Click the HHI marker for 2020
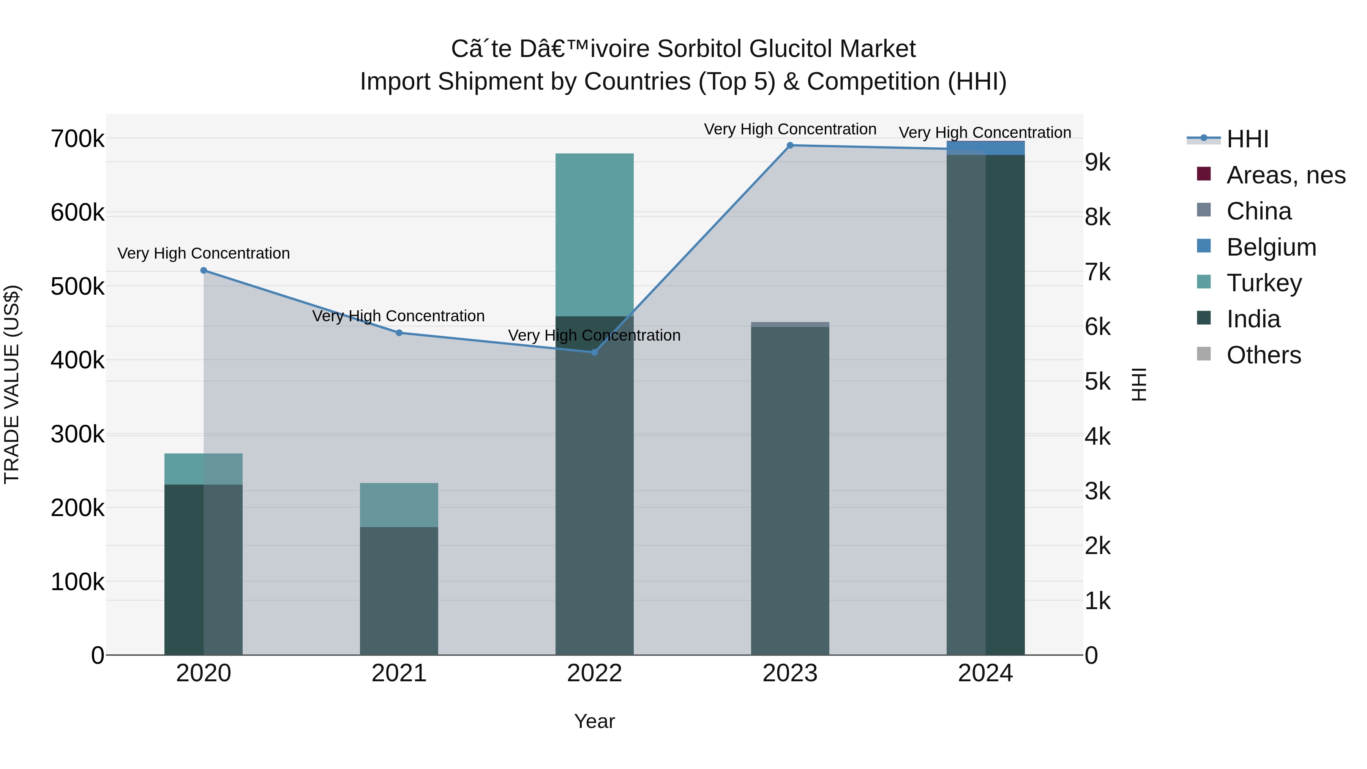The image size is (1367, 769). point(204,271)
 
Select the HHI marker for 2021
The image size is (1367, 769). point(399,333)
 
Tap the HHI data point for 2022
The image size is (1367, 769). point(594,352)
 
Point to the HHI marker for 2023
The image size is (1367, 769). point(790,145)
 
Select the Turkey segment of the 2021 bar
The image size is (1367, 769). point(399,505)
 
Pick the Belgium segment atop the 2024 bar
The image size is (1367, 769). point(985,148)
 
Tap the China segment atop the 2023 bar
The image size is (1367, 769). point(790,324)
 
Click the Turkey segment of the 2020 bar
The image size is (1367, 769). point(204,469)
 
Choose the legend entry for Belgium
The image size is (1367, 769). point(1271,247)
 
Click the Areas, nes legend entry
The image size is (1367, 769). point(1286,175)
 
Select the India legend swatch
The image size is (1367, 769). point(1204,319)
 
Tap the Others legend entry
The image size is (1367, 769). point(1263,355)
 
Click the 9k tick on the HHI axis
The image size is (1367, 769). point(1098,163)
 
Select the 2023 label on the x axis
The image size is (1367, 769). point(790,673)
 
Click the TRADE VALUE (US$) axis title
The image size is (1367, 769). point(12,384)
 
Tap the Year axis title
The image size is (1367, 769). point(594,721)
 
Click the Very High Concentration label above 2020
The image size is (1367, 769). point(204,253)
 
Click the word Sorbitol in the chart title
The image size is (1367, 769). point(699,49)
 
